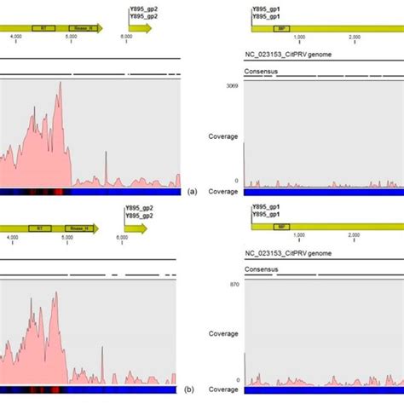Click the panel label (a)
(194, 192)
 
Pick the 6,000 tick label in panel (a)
(126, 37)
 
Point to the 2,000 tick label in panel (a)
(353, 37)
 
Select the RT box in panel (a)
(38, 28)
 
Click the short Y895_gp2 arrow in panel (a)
(140, 28)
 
